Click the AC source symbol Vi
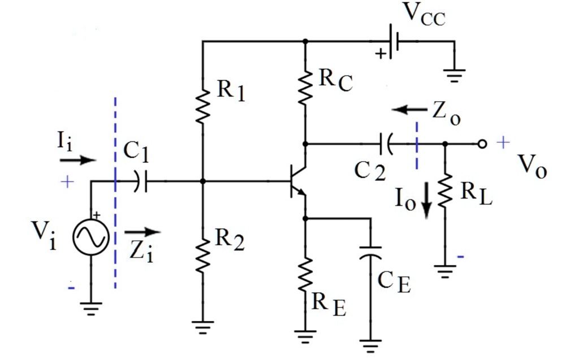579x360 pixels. (x=90, y=237)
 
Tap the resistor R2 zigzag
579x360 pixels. (x=203, y=255)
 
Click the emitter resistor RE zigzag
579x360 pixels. (x=305, y=277)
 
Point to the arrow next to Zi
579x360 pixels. (x=142, y=231)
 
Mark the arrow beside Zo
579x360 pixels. (x=409, y=110)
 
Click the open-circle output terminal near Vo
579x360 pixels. (x=482, y=144)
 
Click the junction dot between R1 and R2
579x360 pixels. (x=203, y=181)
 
